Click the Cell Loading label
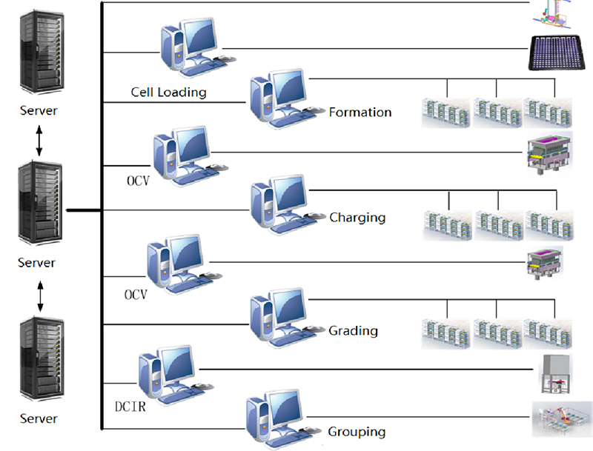[168, 93]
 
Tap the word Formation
[360, 113]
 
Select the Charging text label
[357, 218]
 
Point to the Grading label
[353, 330]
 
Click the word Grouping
[356, 431]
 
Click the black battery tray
[558, 53]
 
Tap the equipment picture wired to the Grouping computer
[561, 420]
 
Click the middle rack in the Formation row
[497, 110]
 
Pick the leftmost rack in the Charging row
[447, 225]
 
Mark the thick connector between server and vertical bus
[83, 211]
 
